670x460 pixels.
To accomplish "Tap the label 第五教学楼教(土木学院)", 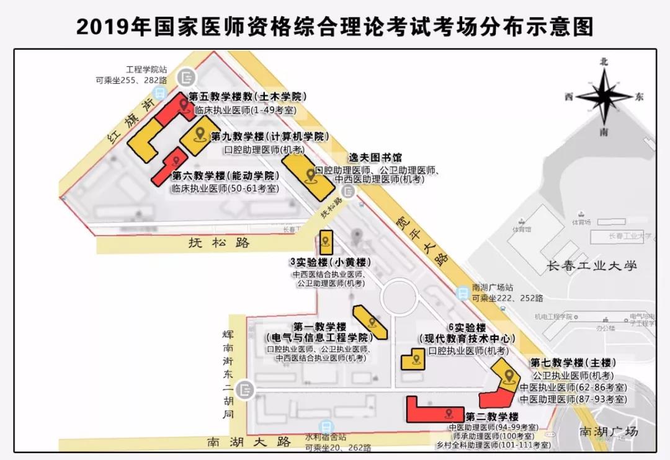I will coord(248,97).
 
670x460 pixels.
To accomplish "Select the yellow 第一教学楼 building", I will coord(370,321).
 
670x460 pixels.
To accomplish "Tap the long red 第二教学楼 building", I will coord(434,410).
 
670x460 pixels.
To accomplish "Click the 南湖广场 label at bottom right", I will coord(608,431).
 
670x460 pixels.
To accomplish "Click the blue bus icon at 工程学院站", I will coord(160,94).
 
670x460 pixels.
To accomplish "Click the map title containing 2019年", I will coord(335,26).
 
